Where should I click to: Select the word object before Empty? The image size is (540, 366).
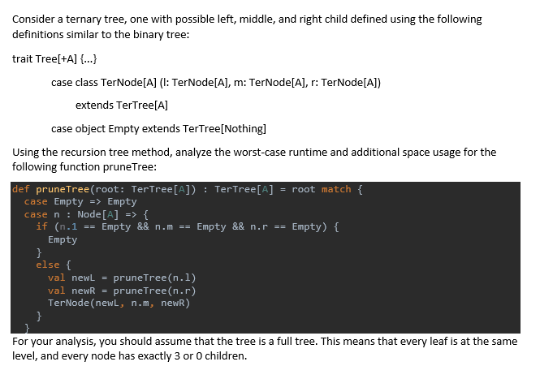point(94,128)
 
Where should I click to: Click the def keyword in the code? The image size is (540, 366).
point(22,189)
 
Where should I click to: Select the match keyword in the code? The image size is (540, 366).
point(335,189)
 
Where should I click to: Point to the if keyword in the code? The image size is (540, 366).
point(41,226)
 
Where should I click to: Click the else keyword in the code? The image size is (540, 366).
point(47,265)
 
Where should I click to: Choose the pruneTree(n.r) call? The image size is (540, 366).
point(155,290)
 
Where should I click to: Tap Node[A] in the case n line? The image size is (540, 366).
point(97,214)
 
